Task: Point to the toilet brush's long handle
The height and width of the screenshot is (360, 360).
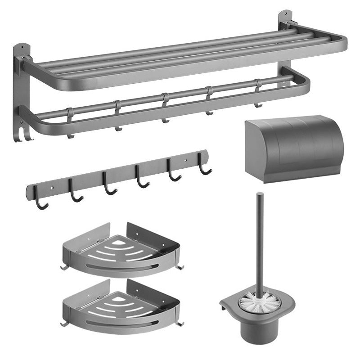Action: [260, 238]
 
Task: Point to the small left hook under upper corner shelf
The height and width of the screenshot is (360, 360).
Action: [63, 269]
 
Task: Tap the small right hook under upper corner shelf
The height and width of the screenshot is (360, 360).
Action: [181, 267]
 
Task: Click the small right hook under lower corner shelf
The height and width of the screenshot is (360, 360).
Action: [181, 324]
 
